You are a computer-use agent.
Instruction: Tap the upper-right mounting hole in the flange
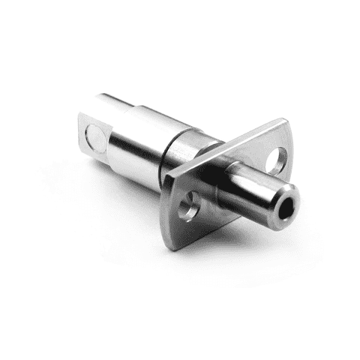click(276, 159)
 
